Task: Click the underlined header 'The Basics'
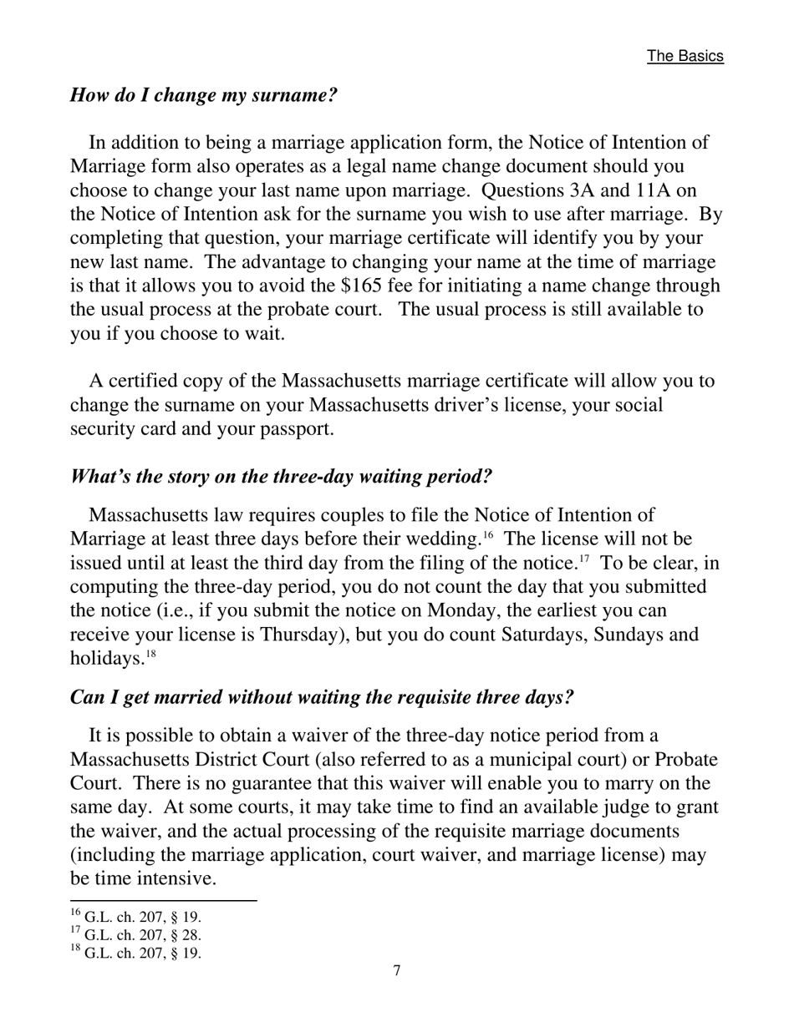point(685,56)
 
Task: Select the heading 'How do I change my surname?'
point(203,94)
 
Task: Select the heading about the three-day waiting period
point(281,477)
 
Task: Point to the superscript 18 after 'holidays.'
point(151,654)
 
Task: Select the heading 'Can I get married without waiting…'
point(322,697)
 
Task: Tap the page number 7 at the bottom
point(397,970)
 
